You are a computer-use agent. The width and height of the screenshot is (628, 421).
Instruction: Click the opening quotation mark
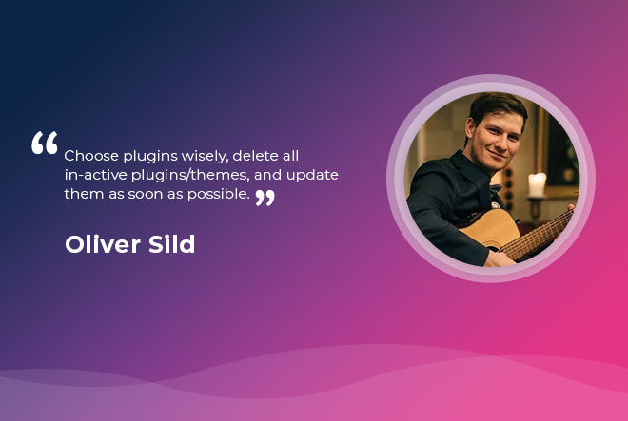45,143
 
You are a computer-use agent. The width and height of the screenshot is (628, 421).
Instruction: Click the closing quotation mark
265,198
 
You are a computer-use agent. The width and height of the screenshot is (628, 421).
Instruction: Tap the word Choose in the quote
91,156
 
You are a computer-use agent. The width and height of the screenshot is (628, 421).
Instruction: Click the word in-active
96,175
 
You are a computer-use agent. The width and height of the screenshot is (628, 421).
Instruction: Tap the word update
312,176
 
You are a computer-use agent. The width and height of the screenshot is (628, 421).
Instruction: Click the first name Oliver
103,243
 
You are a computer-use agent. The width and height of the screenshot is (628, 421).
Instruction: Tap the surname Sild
171,243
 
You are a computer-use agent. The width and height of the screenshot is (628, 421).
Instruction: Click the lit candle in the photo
537,184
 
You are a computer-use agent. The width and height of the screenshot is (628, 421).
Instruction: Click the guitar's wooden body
486,229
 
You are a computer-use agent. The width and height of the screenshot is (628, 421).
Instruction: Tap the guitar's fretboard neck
537,236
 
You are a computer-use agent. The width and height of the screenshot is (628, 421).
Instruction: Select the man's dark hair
497,106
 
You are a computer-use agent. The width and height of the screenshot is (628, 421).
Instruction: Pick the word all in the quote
290,156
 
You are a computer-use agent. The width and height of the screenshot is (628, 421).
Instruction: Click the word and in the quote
268,175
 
